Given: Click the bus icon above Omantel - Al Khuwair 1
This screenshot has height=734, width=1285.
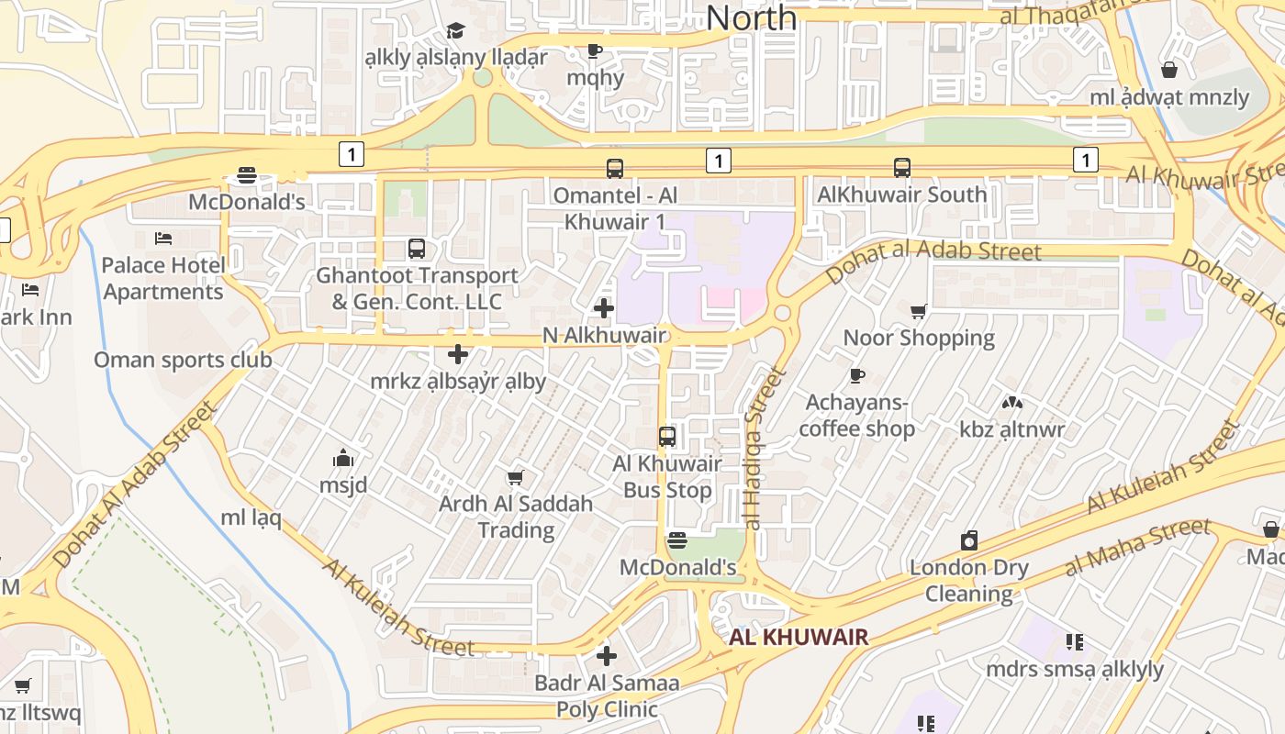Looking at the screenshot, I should (x=614, y=169).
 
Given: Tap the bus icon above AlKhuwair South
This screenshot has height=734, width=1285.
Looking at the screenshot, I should (x=902, y=168).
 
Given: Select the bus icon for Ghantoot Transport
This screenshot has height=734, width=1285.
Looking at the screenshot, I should (x=417, y=249).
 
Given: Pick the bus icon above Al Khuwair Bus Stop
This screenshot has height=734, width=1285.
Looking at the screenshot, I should (x=667, y=437).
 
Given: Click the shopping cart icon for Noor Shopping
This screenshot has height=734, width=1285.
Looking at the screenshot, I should (x=918, y=312).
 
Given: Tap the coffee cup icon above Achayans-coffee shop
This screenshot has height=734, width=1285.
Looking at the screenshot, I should (x=856, y=375).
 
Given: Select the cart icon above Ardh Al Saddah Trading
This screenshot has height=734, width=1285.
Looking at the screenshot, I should (x=515, y=477).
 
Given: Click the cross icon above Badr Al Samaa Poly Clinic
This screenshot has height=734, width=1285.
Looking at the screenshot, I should (x=606, y=656).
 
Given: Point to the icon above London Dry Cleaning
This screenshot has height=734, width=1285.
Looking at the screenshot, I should (x=969, y=540).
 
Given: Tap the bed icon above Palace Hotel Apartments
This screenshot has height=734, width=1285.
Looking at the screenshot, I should (x=163, y=239).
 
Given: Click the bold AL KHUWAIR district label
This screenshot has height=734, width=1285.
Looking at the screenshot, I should (x=799, y=638).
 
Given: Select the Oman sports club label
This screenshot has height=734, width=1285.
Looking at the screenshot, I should (x=183, y=360).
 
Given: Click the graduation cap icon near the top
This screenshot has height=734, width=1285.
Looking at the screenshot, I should (x=455, y=31).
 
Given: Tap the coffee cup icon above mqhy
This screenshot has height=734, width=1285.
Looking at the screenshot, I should (x=594, y=50).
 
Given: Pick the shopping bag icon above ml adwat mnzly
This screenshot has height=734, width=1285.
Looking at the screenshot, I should (x=1169, y=70).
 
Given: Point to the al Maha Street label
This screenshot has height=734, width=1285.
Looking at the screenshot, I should (x=1137, y=548).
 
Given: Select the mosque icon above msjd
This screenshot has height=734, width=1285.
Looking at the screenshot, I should (x=343, y=458).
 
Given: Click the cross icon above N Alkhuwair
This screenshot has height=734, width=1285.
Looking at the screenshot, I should (x=604, y=308).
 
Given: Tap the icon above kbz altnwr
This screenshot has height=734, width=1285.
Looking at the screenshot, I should (x=1012, y=403).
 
